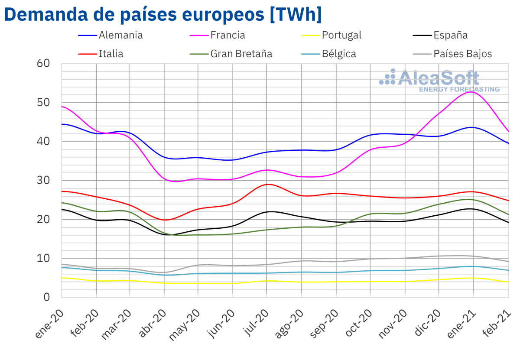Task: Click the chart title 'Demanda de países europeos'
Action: click(x=162, y=15)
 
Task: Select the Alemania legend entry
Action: click(x=120, y=35)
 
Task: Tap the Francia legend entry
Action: click(x=227, y=35)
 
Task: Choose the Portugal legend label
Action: click(x=341, y=35)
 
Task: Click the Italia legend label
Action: click(x=111, y=54)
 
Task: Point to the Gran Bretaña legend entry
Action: click(x=241, y=54)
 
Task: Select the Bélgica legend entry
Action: click(x=339, y=54)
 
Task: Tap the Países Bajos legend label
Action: click(x=463, y=54)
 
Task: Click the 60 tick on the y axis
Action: click(x=44, y=64)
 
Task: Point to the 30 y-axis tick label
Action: click(x=44, y=180)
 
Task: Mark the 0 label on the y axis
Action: click(x=47, y=297)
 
